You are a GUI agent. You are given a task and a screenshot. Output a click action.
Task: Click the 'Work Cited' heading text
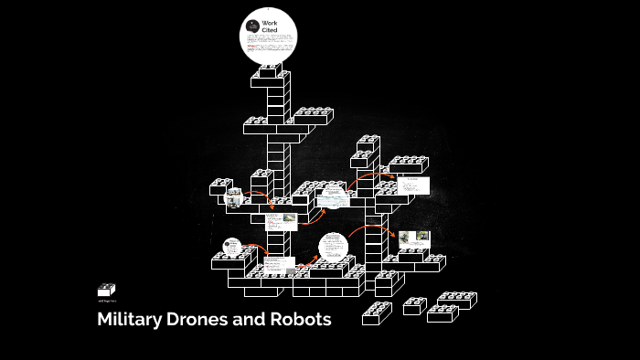(270, 26)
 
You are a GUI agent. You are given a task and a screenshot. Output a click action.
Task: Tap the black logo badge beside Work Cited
(253, 25)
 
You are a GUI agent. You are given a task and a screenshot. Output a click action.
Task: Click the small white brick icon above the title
(106, 290)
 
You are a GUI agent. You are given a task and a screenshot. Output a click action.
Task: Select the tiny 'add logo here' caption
(106, 301)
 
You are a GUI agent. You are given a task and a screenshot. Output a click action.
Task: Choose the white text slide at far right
(414, 185)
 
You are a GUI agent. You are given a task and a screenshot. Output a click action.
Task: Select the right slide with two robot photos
(415, 238)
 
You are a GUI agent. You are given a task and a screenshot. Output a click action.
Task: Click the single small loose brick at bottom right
(414, 305)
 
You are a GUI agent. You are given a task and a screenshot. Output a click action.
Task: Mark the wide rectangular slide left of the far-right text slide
(333, 195)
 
